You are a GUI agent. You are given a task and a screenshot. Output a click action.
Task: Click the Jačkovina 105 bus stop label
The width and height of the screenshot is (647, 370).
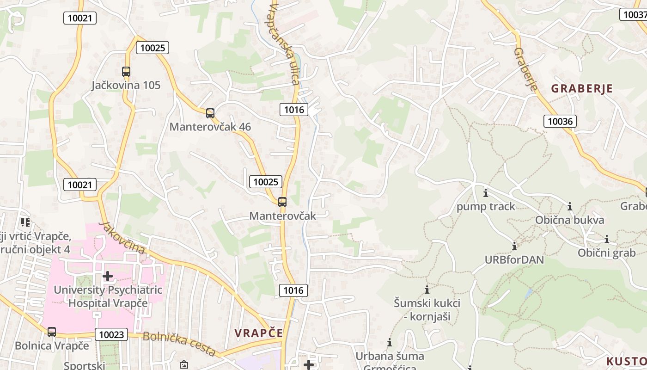pyautogui.click(x=126, y=85)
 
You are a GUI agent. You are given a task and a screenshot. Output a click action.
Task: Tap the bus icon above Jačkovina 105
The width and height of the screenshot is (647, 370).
pyautogui.click(x=126, y=72)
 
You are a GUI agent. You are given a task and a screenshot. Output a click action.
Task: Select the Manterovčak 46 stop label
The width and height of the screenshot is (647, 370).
pyautogui.click(x=210, y=127)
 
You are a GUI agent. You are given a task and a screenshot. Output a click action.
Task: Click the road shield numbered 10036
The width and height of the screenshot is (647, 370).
pyautogui.click(x=560, y=122)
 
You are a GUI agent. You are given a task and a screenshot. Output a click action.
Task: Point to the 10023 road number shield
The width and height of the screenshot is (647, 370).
pyautogui.click(x=111, y=334)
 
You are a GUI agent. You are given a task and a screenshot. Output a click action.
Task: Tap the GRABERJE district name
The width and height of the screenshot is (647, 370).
pyautogui.click(x=582, y=89)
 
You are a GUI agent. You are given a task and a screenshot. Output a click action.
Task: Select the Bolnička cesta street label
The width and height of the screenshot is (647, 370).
pyautogui.click(x=179, y=343)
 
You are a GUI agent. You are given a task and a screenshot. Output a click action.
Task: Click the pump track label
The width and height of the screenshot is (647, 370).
pyautogui.click(x=486, y=206)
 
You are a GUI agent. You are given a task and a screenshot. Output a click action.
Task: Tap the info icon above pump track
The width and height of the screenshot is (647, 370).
pyautogui.click(x=485, y=193)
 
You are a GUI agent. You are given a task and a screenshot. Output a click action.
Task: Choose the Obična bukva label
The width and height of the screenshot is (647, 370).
pyautogui.click(x=569, y=220)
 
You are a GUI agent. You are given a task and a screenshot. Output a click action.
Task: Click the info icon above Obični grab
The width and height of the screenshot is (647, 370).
pyautogui.click(x=607, y=239)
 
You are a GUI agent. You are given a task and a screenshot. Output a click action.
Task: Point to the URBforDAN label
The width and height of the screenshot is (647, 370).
pyautogui.click(x=514, y=259)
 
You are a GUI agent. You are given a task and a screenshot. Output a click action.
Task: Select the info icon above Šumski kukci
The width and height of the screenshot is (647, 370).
pyautogui.click(x=427, y=290)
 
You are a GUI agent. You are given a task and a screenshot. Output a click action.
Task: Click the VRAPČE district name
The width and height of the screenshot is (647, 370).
pyautogui.click(x=258, y=333)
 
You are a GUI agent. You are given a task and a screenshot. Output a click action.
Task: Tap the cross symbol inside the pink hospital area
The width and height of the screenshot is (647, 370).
pyautogui.click(x=108, y=276)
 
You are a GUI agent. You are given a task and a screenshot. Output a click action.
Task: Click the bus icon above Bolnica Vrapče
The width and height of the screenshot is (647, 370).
pyautogui.click(x=52, y=332)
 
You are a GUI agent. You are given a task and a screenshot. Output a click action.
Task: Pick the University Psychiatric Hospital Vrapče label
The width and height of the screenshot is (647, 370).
pyautogui.click(x=108, y=296)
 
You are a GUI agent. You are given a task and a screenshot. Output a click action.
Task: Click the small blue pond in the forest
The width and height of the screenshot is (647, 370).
pyautogui.click(x=528, y=293)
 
